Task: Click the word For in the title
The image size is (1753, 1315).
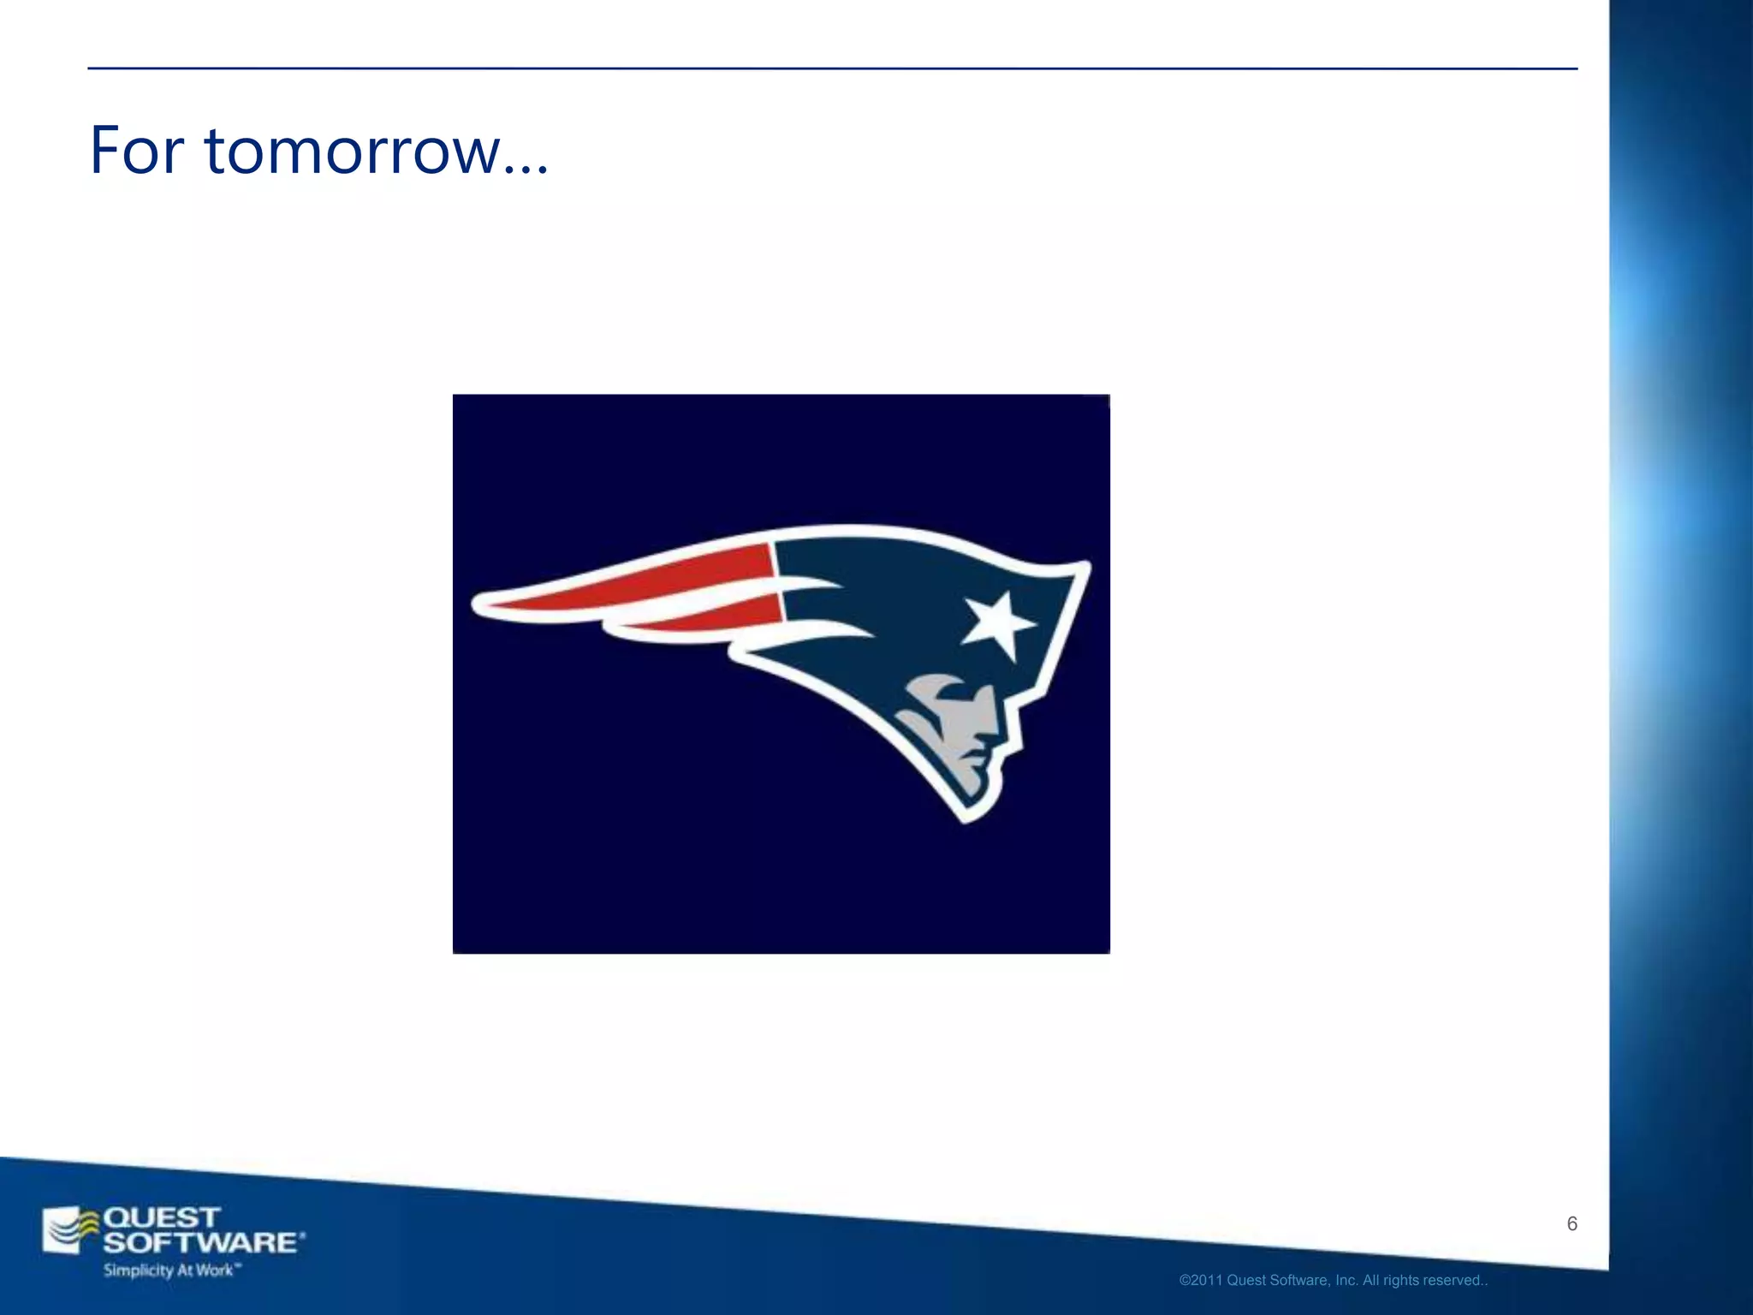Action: (x=136, y=152)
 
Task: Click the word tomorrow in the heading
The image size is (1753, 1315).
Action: (x=352, y=152)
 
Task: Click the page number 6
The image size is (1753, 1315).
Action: (x=1572, y=1223)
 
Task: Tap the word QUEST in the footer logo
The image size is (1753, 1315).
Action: (x=161, y=1217)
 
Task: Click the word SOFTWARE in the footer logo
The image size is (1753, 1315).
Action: (x=201, y=1242)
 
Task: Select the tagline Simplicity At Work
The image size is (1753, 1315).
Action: (x=169, y=1270)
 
